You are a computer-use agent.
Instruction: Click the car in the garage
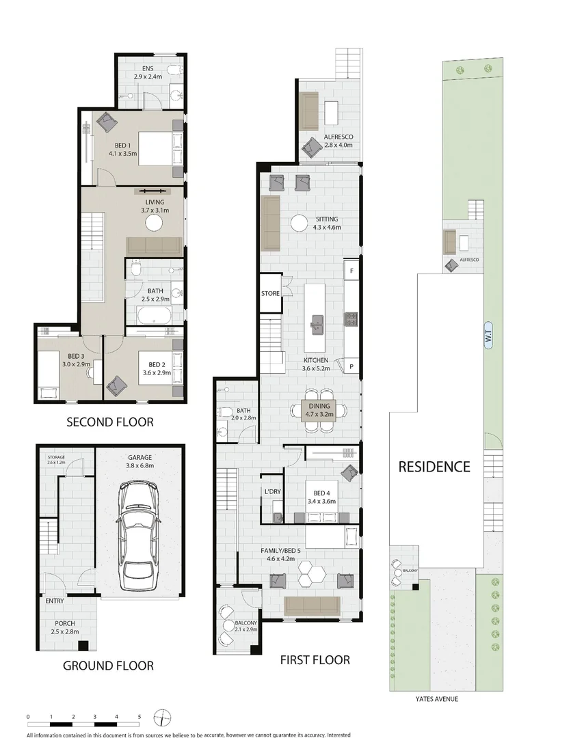140,535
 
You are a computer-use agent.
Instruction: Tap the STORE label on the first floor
271,294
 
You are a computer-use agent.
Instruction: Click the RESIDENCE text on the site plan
434,467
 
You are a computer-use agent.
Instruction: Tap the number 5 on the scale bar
140,716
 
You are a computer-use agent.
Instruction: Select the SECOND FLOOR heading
109,422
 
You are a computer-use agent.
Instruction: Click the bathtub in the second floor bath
153,316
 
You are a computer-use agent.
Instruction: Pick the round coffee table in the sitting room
300,223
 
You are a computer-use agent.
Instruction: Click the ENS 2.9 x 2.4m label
148,73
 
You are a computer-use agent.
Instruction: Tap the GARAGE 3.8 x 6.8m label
140,463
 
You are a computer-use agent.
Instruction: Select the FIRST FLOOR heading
315,660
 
